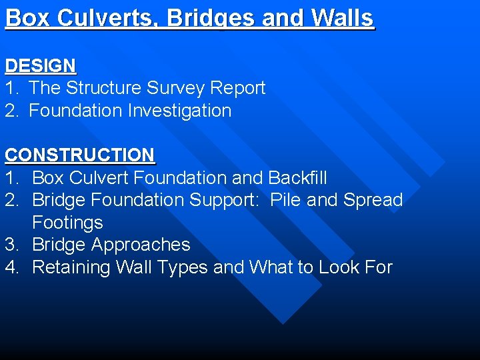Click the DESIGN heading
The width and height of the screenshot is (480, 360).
pyautogui.click(x=41, y=66)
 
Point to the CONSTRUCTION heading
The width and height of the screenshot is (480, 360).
pyautogui.click(x=79, y=155)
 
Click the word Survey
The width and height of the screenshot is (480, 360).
pyautogui.click(x=175, y=88)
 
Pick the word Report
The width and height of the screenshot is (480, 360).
pyautogui.click(x=238, y=88)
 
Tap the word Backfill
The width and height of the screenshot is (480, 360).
pyautogui.click(x=297, y=178)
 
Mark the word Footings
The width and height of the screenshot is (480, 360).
pyautogui.click(x=67, y=223)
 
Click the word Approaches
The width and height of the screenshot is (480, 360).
pyautogui.click(x=141, y=245)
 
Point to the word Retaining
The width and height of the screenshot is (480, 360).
pyautogui.click(x=71, y=267)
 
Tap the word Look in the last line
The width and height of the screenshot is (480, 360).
pyautogui.click(x=341, y=267)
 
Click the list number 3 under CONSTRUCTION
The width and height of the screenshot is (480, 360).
pyautogui.click(x=11, y=245)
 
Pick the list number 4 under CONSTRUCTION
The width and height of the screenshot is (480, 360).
pyautogui.click(x=11, y=267)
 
